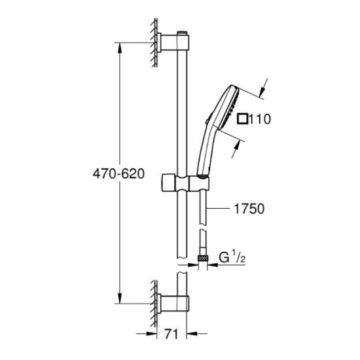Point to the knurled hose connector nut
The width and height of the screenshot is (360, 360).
click(204, 261)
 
